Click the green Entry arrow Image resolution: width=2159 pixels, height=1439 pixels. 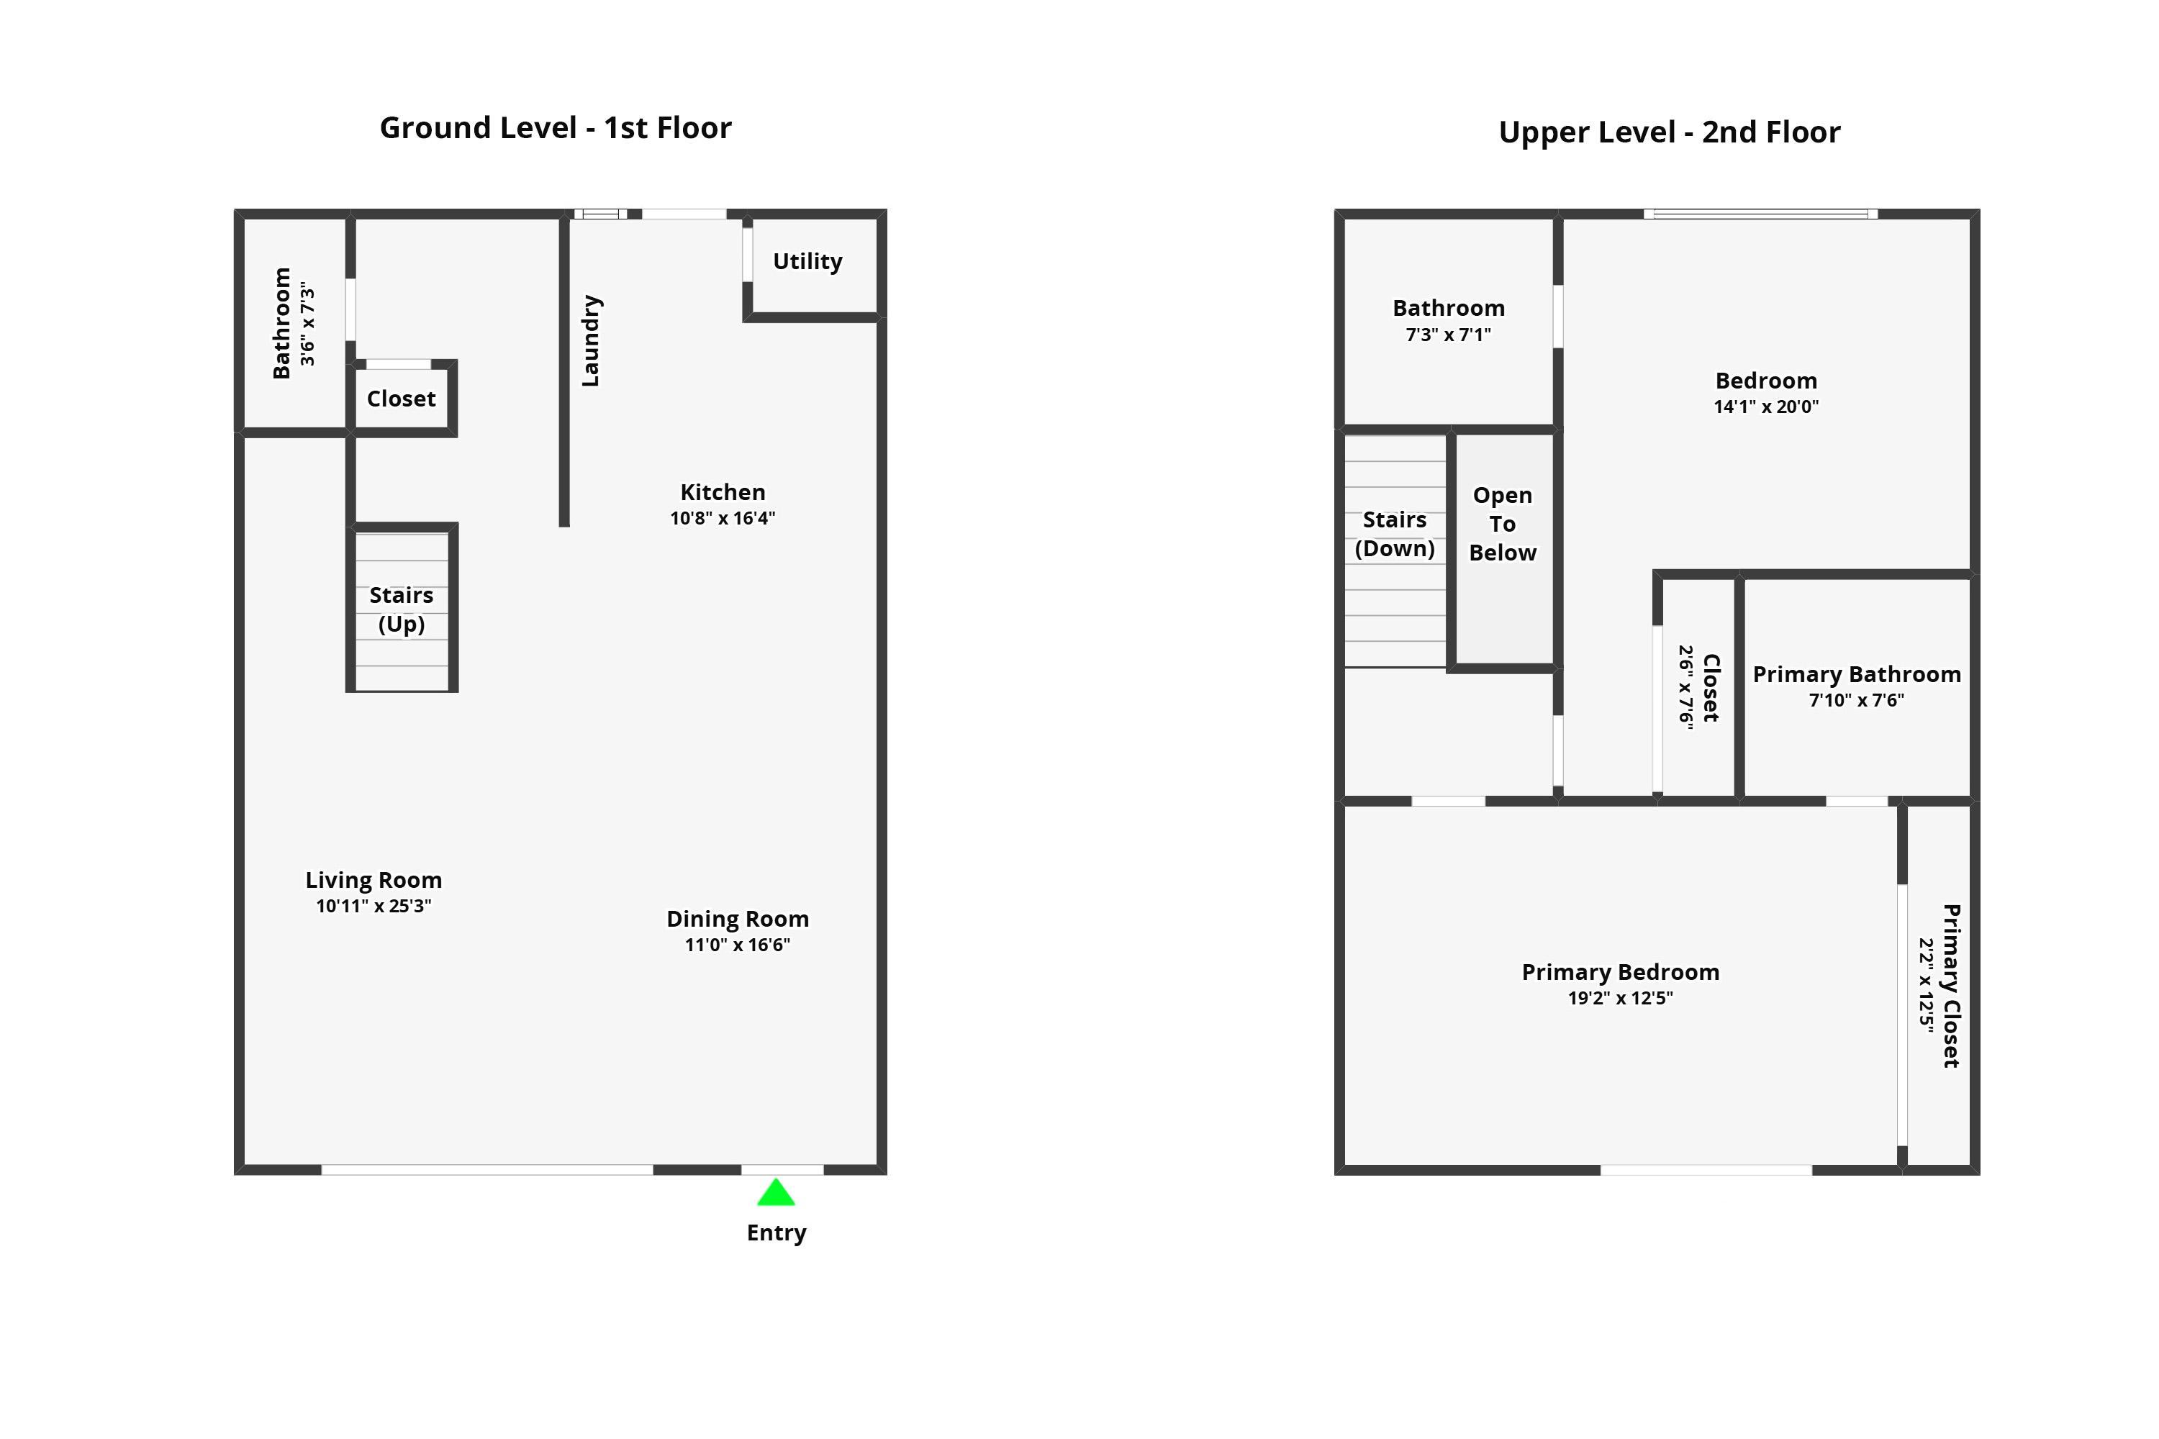click(x=776, y=1194)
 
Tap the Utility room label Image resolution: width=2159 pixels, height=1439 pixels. click(x=807, y=262)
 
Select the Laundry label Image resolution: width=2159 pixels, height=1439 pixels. click(x=591, y=340)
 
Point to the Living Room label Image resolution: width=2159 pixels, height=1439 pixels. click(x=374, y=880)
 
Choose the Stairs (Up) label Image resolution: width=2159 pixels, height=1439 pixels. click(x=401, y=609)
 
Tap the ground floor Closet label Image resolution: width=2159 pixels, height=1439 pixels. click(x=401, y=399)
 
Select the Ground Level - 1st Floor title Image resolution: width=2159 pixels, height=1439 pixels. click(x=556, y=127)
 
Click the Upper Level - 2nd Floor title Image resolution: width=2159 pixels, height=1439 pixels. click(x=1669, y=132)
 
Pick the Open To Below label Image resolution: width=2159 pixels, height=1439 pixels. click(x=1502, y=524)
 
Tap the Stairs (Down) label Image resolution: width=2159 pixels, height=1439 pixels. click(x=1395, y=534)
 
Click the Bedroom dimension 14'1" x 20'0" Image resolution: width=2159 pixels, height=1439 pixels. click(x=1765, y=407)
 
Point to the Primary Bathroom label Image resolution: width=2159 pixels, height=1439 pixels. click(x=1856, y=675)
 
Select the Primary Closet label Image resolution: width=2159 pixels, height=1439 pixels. click(x=1952, y=986)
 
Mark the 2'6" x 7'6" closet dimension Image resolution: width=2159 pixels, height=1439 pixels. click(x=1685, y=686)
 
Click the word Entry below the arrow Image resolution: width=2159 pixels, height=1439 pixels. click(x=776, y=1233)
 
